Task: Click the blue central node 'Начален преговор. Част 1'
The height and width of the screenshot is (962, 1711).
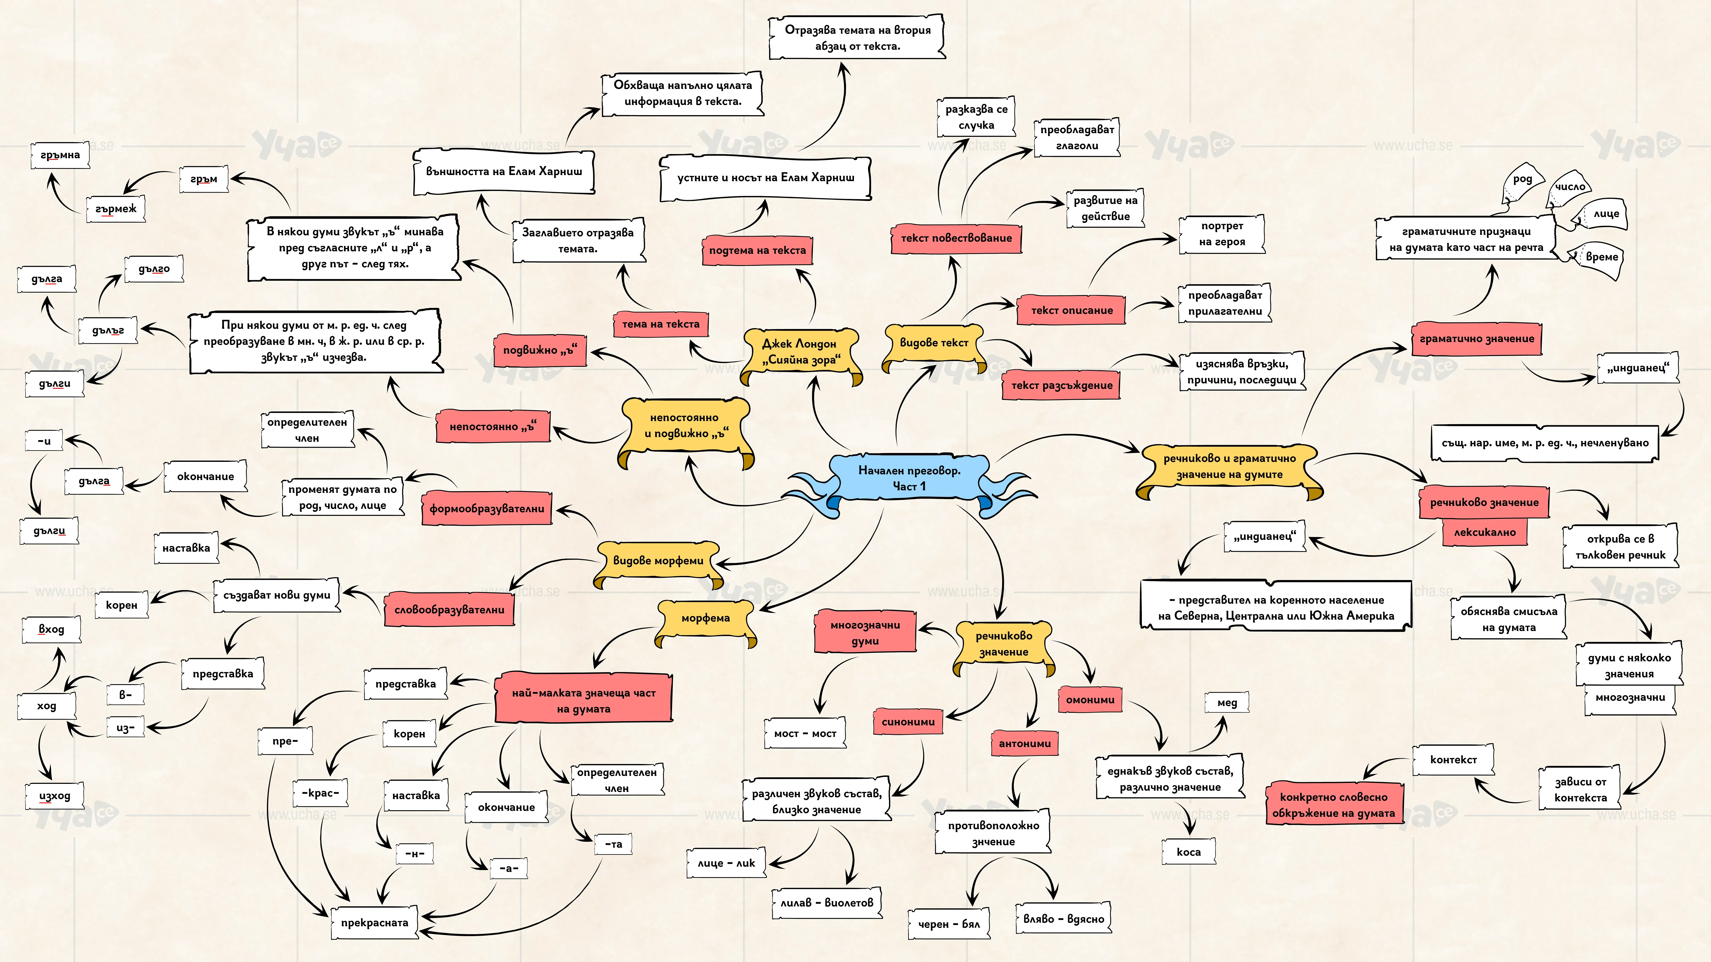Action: (909, 478)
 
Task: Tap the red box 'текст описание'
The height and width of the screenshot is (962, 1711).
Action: (1071, 310)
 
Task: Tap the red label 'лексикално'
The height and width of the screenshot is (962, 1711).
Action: (1484, 532)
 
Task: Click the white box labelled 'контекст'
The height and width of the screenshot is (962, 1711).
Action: (1453, 759)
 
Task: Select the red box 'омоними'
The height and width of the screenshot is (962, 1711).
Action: (1090, 700)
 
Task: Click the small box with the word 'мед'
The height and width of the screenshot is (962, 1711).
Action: (1227, 702)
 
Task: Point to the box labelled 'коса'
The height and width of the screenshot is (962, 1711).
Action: (1188, 852)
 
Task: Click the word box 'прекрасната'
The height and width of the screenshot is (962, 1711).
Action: (375, 922)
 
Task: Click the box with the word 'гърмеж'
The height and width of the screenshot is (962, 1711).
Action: (115, 208)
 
